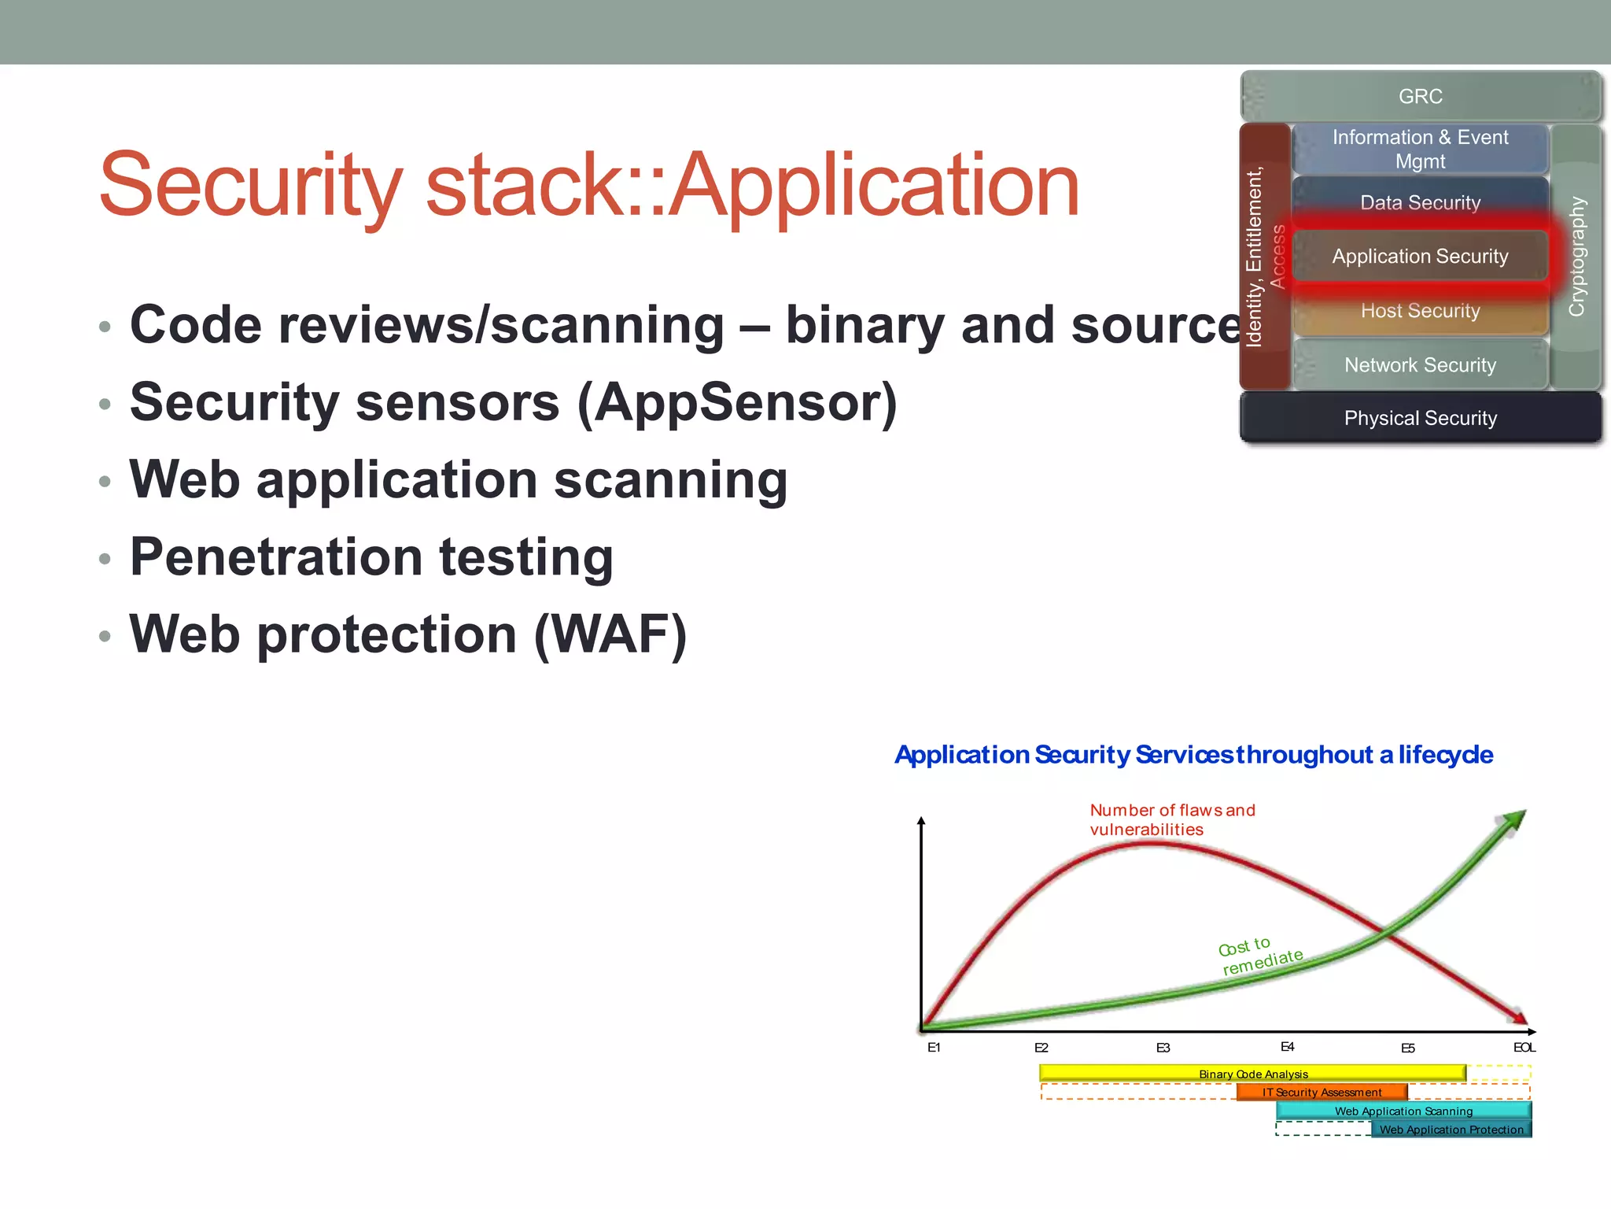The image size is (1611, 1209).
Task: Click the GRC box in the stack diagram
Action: tap(1420, 96)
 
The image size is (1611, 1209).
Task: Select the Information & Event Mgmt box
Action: tap(1420, 149)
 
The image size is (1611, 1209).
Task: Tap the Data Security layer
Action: tap(1420, 202)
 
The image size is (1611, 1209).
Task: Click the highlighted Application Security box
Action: tap(1420, 256)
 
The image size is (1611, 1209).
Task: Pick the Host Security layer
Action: tap(1420, 311)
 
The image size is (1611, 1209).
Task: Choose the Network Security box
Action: tap(1420, 365)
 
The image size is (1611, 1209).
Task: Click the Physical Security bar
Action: tap(1420, 418)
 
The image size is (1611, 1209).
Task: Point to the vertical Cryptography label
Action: tap(1576, 257)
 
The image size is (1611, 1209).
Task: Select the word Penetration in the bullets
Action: tap(276, 557)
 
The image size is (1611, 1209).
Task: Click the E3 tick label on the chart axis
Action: tap(1163, 1048)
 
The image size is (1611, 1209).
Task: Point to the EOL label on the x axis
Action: tap(1524, 1048)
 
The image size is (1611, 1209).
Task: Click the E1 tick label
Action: tap(934, 1048)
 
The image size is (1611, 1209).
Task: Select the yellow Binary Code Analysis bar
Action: tap(1252, 1074)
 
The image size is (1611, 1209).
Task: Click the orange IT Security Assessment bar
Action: tap(1322, 1093)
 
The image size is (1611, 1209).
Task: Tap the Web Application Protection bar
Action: tap(1451, 1130)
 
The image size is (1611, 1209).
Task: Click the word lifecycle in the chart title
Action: tap(1445, 755)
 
